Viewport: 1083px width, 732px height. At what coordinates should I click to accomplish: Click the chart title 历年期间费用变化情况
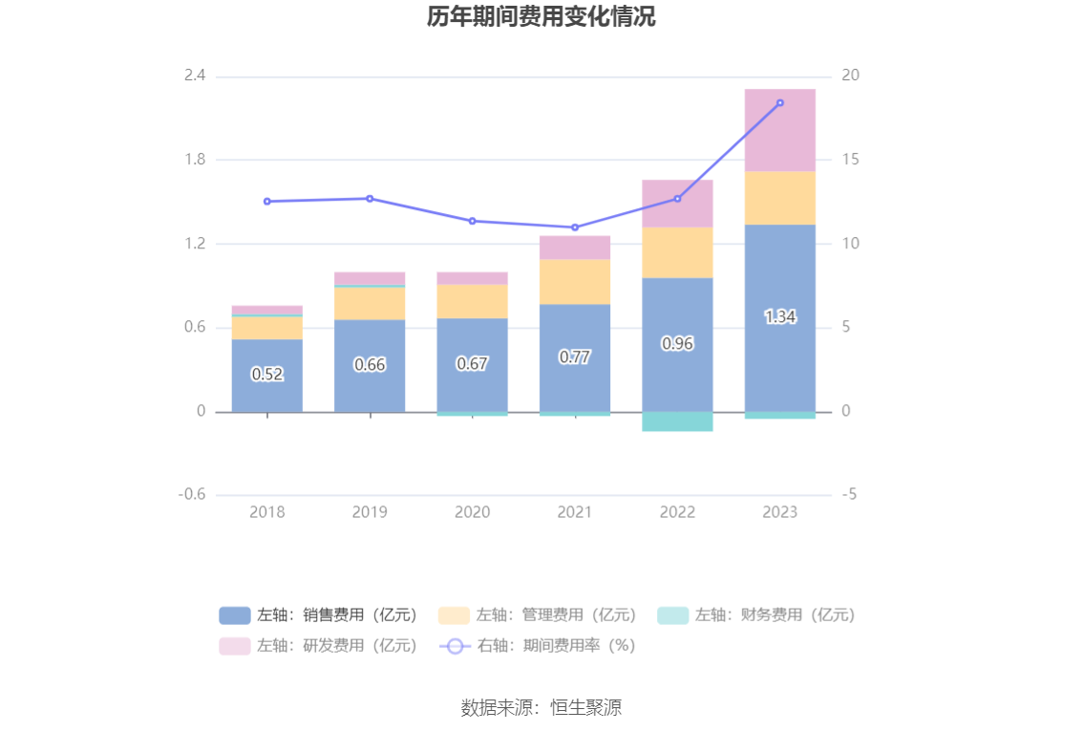541,17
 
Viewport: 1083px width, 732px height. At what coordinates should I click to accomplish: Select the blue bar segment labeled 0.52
267,375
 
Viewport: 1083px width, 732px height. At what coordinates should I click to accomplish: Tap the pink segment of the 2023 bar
780,130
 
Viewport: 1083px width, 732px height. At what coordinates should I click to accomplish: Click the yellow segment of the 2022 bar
677,252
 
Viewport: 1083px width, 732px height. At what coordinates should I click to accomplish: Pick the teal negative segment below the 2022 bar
677,421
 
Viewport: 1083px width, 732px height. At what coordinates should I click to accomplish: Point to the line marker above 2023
780,103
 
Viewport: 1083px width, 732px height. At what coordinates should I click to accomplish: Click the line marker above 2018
267,202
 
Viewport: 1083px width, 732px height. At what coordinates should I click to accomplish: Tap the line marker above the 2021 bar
575,227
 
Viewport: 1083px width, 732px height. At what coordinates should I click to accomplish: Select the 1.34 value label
780,317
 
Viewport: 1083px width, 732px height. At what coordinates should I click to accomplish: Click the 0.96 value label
677,344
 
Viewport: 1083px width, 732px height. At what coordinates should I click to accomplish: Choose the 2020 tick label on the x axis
472,512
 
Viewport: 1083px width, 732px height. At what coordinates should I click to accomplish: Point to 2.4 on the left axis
195,75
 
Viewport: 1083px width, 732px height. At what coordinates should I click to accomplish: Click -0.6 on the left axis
192,495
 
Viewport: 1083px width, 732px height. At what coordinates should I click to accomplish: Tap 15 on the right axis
851,160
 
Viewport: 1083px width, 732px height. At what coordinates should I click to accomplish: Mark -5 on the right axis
850,495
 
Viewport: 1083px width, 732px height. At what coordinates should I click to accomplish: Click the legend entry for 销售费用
319,614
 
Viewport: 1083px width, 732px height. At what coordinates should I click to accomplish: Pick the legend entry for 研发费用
319,645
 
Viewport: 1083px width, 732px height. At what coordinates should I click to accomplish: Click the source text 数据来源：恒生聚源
541,708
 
